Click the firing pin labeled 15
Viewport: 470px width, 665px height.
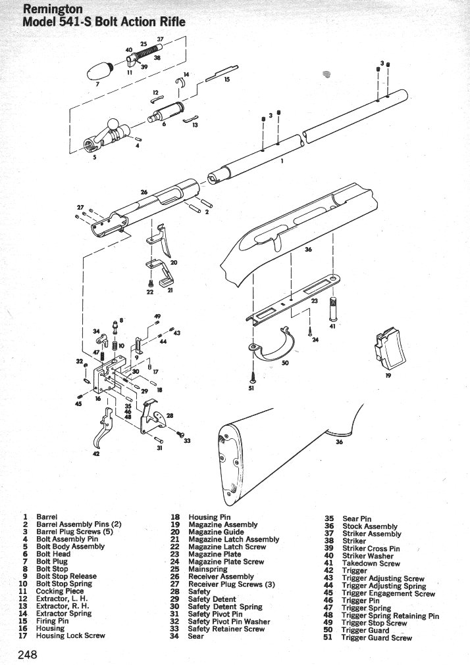coord(221,73)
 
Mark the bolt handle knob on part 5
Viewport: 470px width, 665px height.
coord(114,124)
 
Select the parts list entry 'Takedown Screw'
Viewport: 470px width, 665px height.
coord(371,563)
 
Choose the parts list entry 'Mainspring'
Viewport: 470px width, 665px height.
coord(207,569)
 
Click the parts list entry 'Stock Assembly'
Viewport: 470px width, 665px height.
coord(369,526)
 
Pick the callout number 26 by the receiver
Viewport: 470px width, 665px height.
coord(144,193)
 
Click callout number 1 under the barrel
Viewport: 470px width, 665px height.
coord(282,162)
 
